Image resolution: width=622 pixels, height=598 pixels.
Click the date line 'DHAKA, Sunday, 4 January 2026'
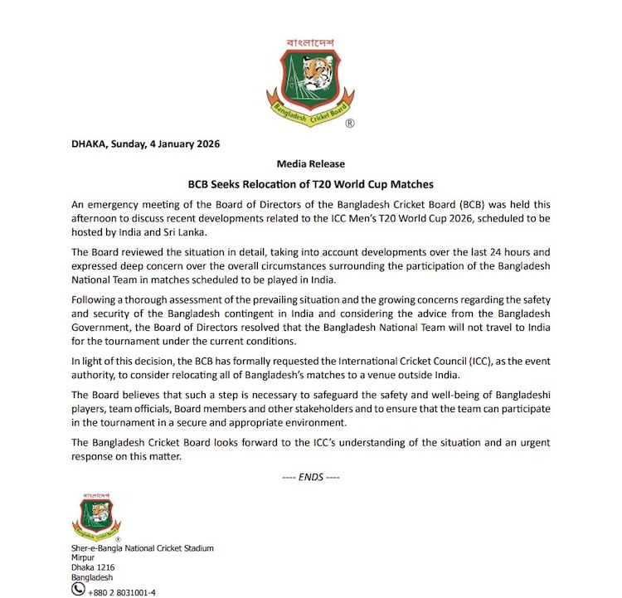pos(145,143)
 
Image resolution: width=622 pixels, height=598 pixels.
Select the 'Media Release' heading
pos(311,163)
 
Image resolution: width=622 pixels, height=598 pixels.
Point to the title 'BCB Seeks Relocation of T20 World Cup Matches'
pos(311,184)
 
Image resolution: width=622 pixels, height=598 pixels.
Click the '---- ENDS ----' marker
pos(310,477)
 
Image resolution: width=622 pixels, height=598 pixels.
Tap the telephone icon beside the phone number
pos(79,589)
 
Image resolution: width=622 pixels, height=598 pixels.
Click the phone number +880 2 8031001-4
pos(122,591)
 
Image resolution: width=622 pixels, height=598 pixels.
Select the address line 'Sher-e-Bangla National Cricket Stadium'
pos(143,548)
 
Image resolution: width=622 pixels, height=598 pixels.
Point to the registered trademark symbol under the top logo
pos(349,123)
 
